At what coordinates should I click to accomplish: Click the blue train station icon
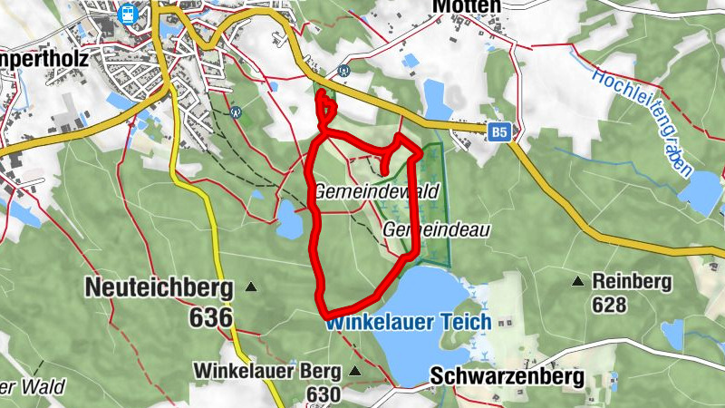coord(128,14)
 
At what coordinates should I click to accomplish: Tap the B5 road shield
coord(498,133)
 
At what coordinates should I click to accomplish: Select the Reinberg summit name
coord(632,282)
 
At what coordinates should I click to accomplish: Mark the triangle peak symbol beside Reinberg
coord(577,281)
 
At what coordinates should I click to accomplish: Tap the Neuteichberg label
coord(159,287)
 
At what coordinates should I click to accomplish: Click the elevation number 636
coord(211,316)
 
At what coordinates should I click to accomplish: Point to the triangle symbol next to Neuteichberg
coord(251,287)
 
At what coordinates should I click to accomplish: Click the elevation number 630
coord(323,394)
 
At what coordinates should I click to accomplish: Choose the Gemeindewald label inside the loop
coord(376,192)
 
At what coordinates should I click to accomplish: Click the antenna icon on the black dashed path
coord(236,113)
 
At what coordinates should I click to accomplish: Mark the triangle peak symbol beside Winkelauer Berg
coord(354,371)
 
